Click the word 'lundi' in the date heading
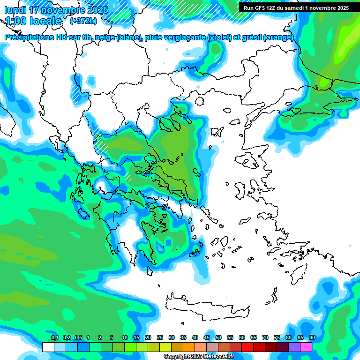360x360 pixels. [x=15, y=10]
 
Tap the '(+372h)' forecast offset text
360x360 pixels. [x=83, y=21]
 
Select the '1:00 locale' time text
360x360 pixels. [x=33, y=21]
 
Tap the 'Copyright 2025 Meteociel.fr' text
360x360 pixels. [x=199, y=357]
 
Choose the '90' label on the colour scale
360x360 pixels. [x=312, y=337]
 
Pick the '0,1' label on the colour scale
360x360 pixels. [x=54, y=337]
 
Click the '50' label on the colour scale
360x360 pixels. [x=218, y=337]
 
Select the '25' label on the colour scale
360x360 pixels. [x=160, y=337]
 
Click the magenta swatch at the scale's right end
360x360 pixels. [x=306, y=347]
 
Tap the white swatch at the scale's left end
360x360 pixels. [x=48, y=347]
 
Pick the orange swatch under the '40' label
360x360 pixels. [x=189, y=347]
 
